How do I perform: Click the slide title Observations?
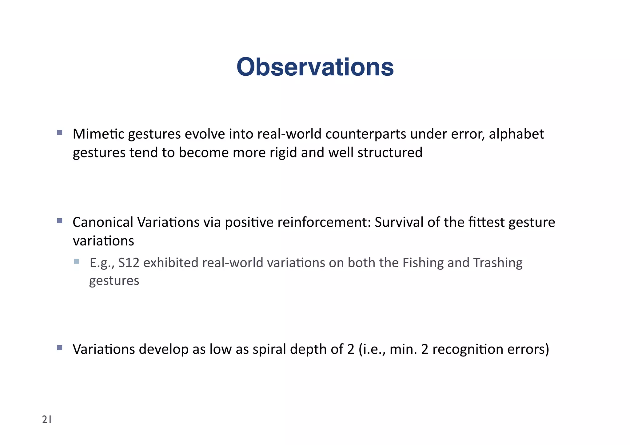[315, 67]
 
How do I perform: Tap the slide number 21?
[47, 419]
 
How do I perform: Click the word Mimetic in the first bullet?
[98, 134]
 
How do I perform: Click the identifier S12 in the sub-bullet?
[129, 263]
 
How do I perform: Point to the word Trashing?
[497, 263]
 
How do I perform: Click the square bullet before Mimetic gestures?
[60, 133]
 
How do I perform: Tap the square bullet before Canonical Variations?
[60, 221]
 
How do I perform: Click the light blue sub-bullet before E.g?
[77, 262]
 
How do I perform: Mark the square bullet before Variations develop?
[60, 348]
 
